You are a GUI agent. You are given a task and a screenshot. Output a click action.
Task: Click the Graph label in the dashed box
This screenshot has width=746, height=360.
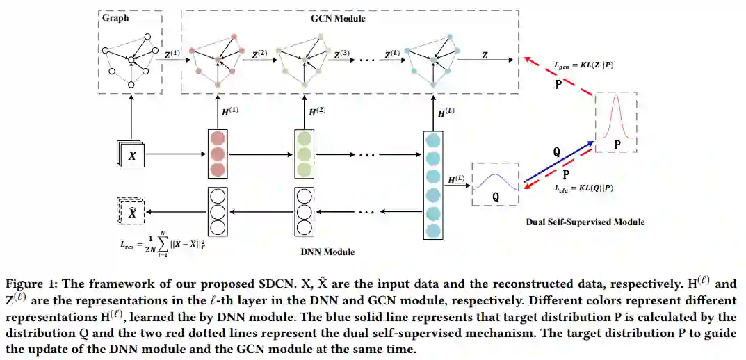pyautogui.click(x=115, y=18)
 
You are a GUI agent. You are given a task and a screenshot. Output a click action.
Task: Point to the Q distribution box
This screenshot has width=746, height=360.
pyautogui.click(x=496, y=184)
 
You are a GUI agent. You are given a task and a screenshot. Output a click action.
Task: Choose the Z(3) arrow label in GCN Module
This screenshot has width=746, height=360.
pyautogui.click(x=341, y=54)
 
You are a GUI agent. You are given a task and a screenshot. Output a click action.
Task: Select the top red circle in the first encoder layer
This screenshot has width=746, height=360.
pyautogui.click(x=218, y=138)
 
